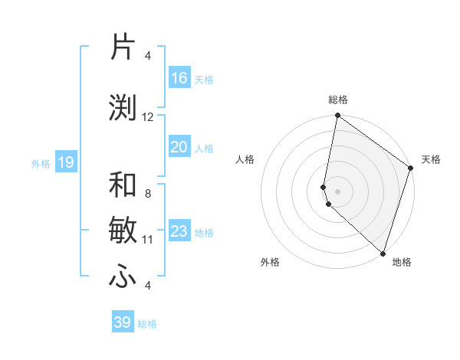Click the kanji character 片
click(x=123, y=47)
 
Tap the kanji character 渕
click(x=123, y=107)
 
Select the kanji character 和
click(x=123, y=185)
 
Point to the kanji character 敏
click(x=123, y=231)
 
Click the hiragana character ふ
click(x=123, y=277)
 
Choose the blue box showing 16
click(x=179, y=78)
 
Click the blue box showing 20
click(x=179, y=147)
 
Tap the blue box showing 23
click(x=179, y=231)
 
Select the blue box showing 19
click(x=65, y=162)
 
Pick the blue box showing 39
click(x=123, y=322)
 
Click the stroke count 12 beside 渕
click(x=148, y=117)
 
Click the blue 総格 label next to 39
click(x=147, y=324)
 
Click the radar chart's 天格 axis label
click(x=431, y=159)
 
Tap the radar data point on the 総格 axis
click(x=337, y=116)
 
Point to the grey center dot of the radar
click(x=337, y=191)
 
